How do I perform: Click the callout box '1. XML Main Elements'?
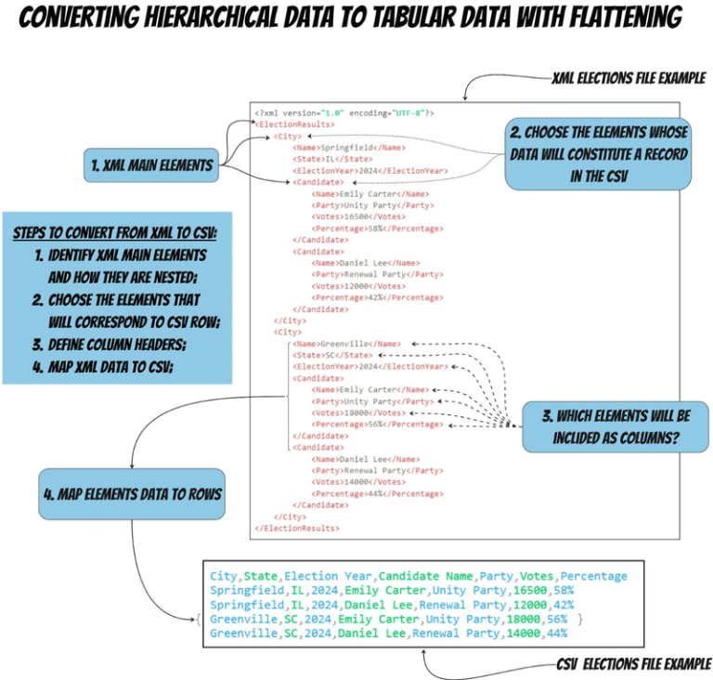[x=149, y=166]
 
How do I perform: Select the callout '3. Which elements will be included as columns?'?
[x=615, y=427]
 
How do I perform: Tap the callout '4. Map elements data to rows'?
[x=132, y=493]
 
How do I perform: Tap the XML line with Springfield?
[x=348, y=147]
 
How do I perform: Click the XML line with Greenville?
[x=348, y=344]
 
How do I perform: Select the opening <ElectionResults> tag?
[x=295, y=124]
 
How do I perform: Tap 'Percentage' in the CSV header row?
[x=593, y=576]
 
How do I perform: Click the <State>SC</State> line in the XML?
[x=332, y=355]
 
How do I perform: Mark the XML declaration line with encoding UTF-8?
[x=345, y=112]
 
